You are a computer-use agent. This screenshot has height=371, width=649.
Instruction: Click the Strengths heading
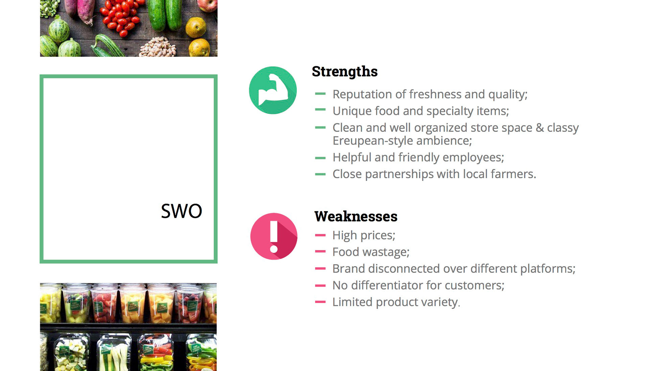click(344, 72)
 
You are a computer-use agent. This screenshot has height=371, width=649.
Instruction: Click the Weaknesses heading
click(356, 216)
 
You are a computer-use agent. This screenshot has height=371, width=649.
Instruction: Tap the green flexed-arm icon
click(273, 90)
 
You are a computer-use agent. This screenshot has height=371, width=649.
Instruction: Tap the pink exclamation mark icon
click(274, 236)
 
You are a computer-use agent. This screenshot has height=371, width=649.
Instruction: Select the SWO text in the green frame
click(182, 211)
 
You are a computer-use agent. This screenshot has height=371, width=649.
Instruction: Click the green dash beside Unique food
click(320, 110)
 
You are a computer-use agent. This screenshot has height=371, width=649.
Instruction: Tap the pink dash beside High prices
click(320, 235)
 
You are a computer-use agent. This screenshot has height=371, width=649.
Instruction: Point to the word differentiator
click(386, 285)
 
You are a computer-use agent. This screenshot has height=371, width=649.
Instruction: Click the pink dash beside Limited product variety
click(320, 302)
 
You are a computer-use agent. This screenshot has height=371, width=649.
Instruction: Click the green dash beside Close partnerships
click(320, 174)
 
